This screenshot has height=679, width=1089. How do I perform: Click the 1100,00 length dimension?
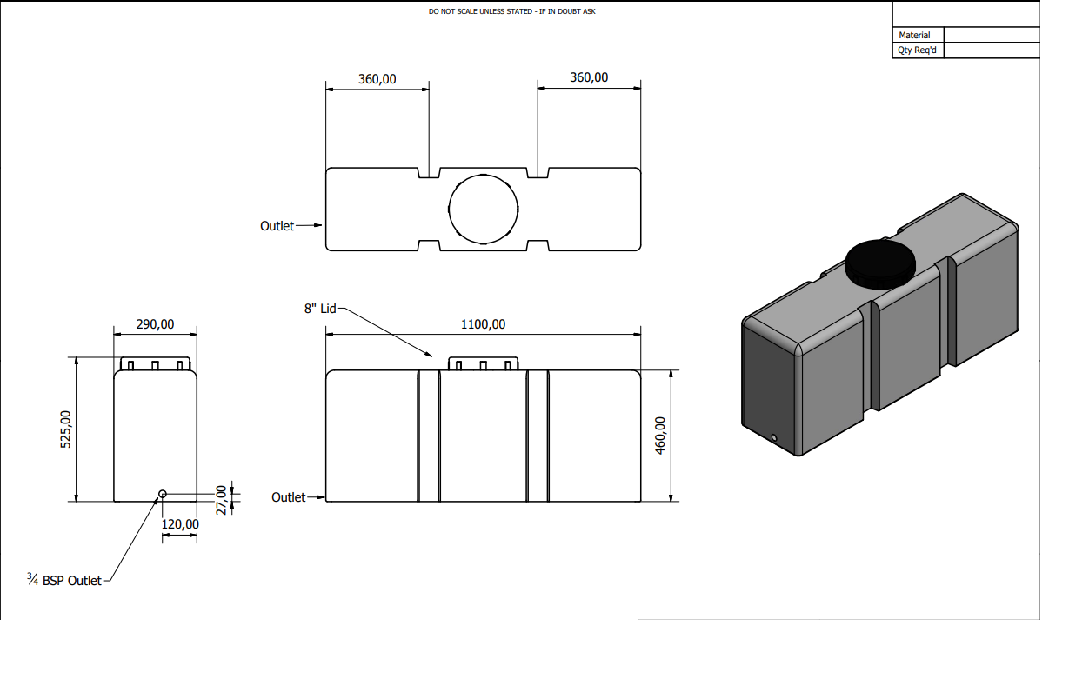pyautogui.click(x=483, y=324)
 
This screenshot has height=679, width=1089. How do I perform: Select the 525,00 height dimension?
pyautogui.click(x=65, y=429)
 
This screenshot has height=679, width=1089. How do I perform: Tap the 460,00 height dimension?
pyautogui.click(x=659, y=436)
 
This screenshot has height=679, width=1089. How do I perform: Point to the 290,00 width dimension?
pyautogui.click(x=155, y=324)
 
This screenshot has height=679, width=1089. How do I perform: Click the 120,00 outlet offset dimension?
pyautogui.click(x=180, y=524)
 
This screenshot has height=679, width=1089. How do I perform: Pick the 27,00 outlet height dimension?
pyautogui.click(x=221, y=500)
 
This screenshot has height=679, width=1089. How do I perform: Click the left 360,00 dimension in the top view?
pyautogui.click(x=377, y=79)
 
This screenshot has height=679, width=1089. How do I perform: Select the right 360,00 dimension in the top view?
pyautogui.click(x=589, y=77)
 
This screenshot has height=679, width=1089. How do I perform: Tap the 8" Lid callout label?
pyautogui.click(x=320, y=309)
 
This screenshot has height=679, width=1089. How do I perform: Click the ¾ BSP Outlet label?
pyautogui.click(x=64, y=580)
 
